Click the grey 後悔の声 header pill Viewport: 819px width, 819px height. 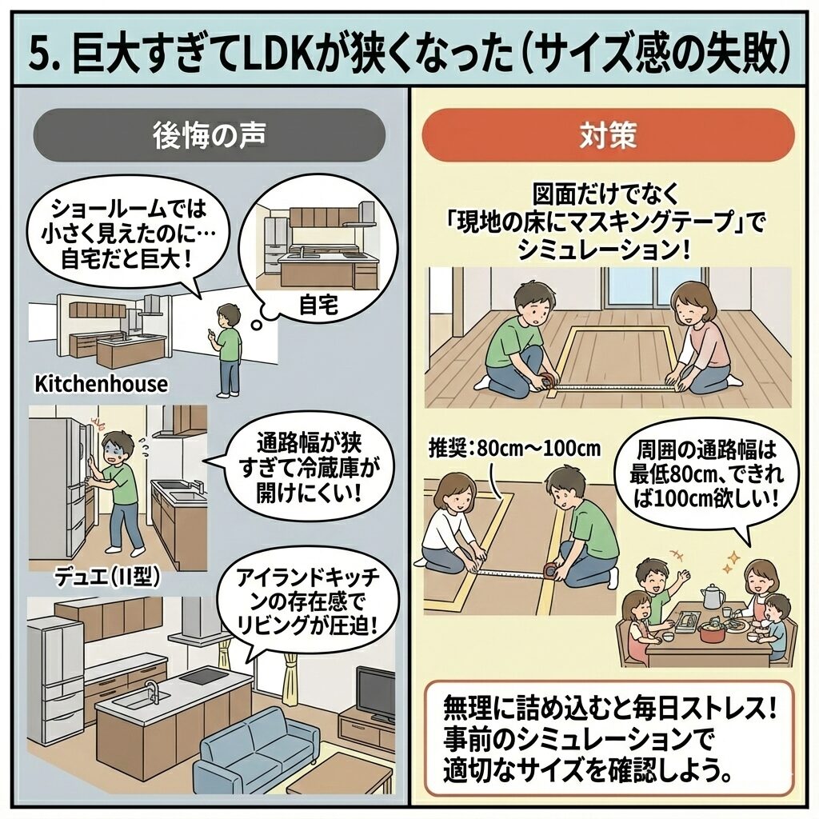click(209, 134)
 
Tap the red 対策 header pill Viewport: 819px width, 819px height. click(608, 134)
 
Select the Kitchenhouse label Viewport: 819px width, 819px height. click(102, 384)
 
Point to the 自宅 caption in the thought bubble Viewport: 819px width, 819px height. click(318, 305)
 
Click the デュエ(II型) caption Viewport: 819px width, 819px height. click(107, 577)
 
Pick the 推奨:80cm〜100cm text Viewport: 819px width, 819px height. click(514, 448)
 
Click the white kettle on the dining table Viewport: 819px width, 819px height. click(713, 595)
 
